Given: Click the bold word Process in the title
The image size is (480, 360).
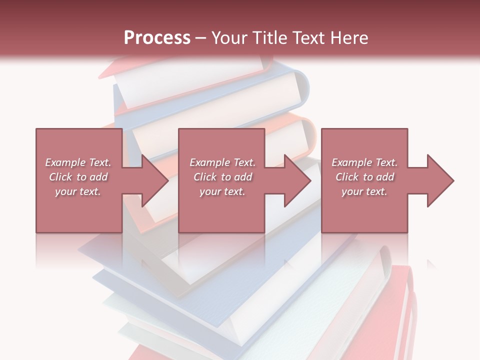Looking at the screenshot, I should (x=157, y=38).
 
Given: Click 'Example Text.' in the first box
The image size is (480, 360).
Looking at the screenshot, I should (x=78, y=162).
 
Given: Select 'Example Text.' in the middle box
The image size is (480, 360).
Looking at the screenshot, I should (x=222, y=162).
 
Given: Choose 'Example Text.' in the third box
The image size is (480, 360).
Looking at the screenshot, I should (x=364, y=162).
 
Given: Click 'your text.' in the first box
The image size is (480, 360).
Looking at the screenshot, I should (x=78, y=191).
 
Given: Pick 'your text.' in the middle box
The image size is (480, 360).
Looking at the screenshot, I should (x=222, y=191).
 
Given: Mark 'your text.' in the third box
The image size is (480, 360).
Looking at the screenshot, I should (x=364, y=191).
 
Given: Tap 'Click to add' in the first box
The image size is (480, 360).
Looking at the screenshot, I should (x=78, y=177).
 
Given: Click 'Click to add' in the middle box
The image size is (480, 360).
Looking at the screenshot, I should (x=222, y=177).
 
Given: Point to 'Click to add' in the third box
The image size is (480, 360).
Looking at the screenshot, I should (x=364, y=177).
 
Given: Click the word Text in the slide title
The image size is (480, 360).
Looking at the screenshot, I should (x=308, y=38).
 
